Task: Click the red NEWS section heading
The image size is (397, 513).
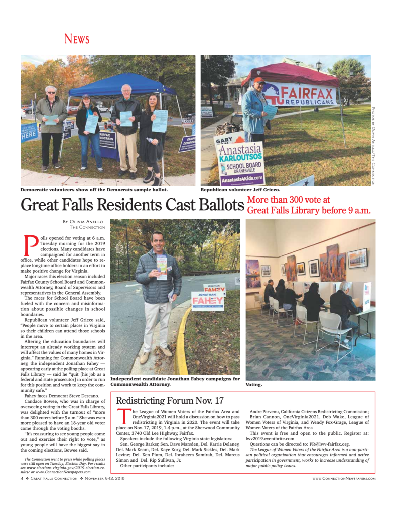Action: (x=77, y=39)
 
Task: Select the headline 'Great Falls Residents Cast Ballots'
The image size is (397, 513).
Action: (x=133, y=206)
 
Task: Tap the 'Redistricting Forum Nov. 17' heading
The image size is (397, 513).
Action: (x=170, y=400)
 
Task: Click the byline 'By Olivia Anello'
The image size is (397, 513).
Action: (x=82, y=221)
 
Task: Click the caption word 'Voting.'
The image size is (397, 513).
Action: (x=254, y=385)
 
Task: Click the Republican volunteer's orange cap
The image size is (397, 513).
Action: (x=259, y=80)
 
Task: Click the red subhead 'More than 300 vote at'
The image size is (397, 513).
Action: (x=288, y=200)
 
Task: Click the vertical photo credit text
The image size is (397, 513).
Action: (x=373, y=145)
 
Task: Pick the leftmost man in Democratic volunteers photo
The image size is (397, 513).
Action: (x=51, y=123)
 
